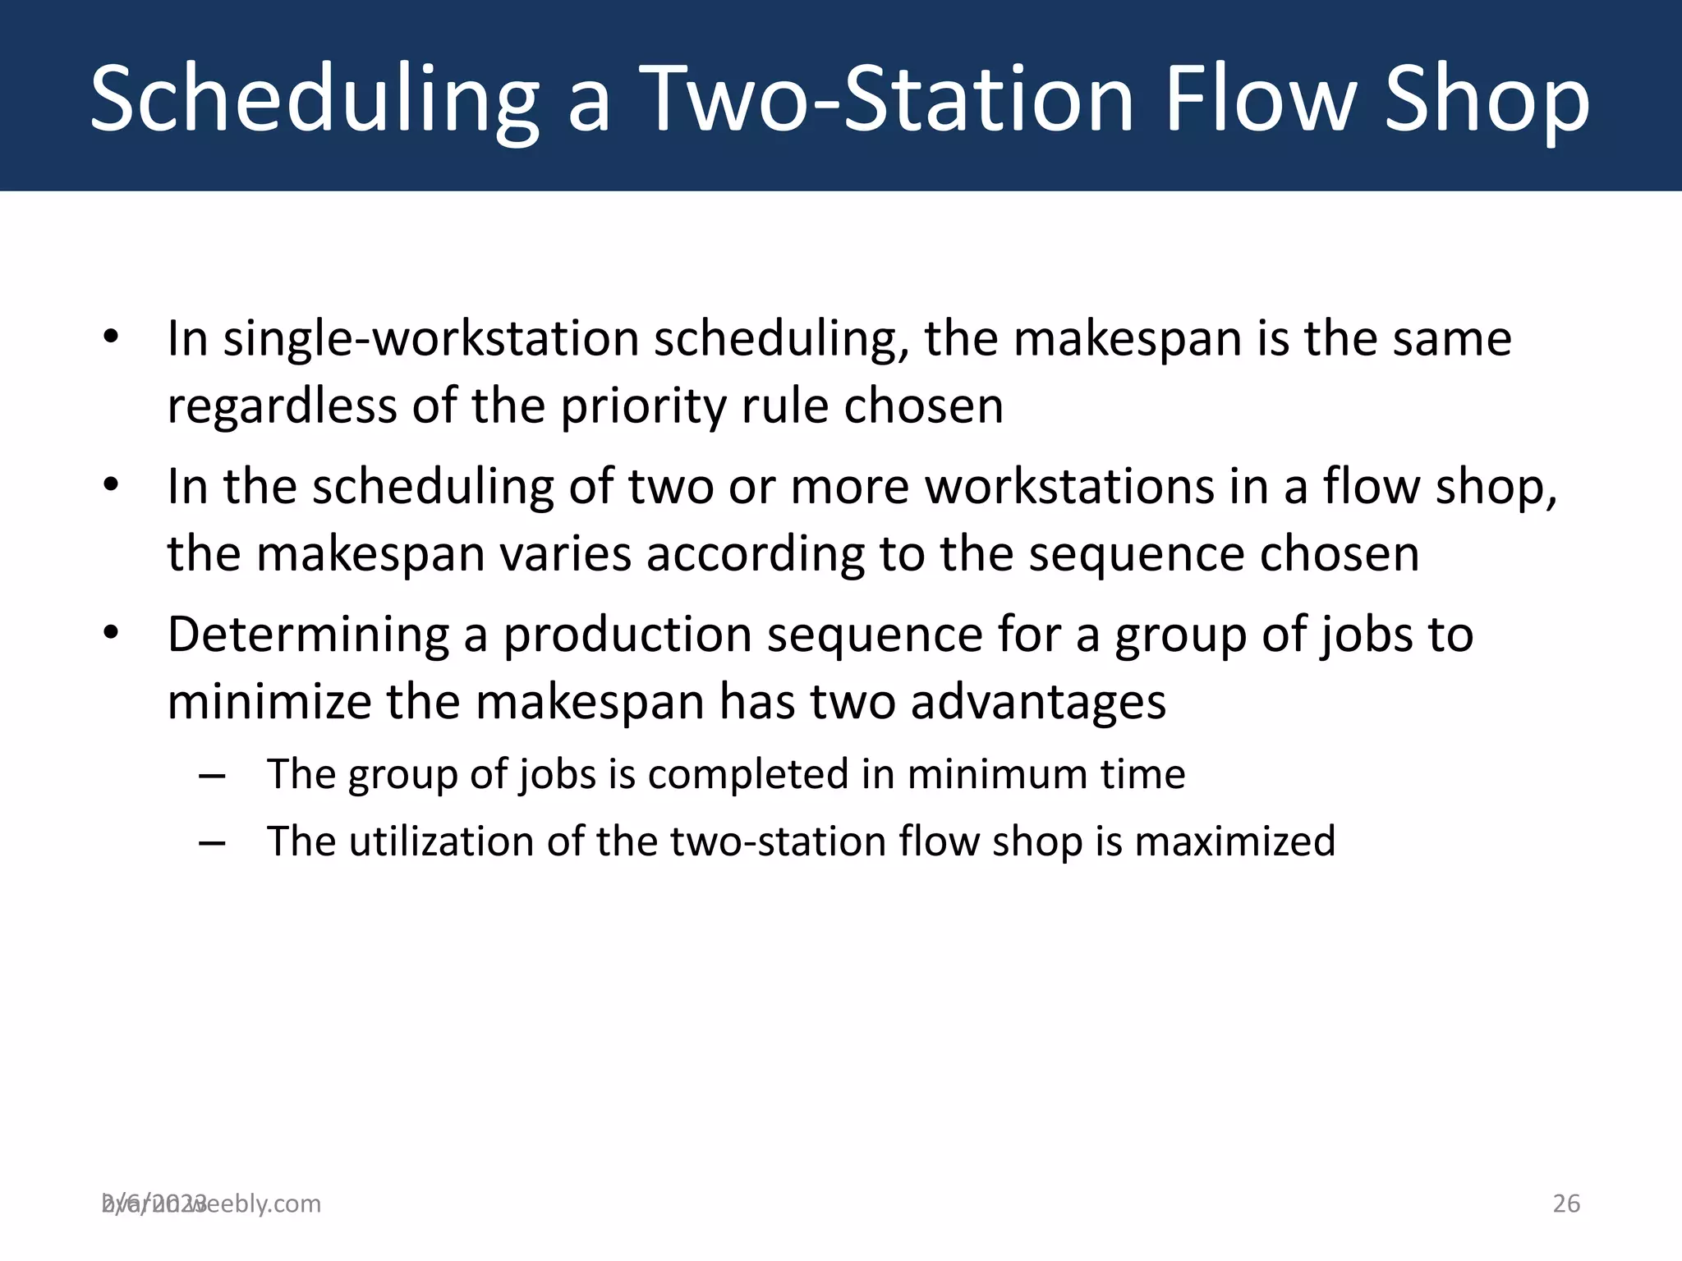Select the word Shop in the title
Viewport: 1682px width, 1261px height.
point(1487,100)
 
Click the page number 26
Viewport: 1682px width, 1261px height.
point(1565,1204)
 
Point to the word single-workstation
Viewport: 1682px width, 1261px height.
point(431,339)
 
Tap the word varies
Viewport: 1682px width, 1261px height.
point(566,554)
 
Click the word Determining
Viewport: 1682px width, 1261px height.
point(308,635)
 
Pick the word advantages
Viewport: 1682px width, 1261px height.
point(1038,703)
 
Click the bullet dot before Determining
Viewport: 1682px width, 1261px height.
point(112,633)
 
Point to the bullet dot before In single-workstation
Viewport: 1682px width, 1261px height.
point(112,336)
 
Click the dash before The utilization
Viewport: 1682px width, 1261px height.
point(212,843)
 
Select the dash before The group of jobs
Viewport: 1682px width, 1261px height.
point(212,776)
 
